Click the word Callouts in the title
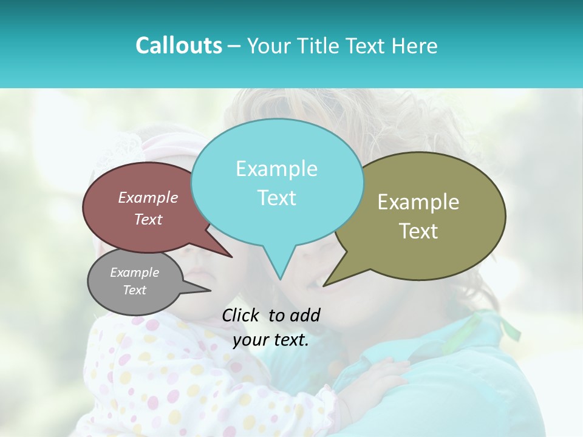[179, 46]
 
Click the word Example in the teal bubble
[276, 169]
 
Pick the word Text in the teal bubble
[276, 198]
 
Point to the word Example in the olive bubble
[418, 202]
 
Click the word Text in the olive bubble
[418, 231]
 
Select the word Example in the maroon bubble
[148, 197]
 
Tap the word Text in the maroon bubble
[148, 219]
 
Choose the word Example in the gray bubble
[134, 273]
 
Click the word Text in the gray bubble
[134, 290]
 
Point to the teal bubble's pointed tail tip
[280, 279]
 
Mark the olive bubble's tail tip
[324, 285]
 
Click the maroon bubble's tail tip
[231, 257]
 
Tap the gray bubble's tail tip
[210, 290]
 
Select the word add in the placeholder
[305, 315]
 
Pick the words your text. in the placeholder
[271, 340]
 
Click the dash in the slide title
[235, 46]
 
